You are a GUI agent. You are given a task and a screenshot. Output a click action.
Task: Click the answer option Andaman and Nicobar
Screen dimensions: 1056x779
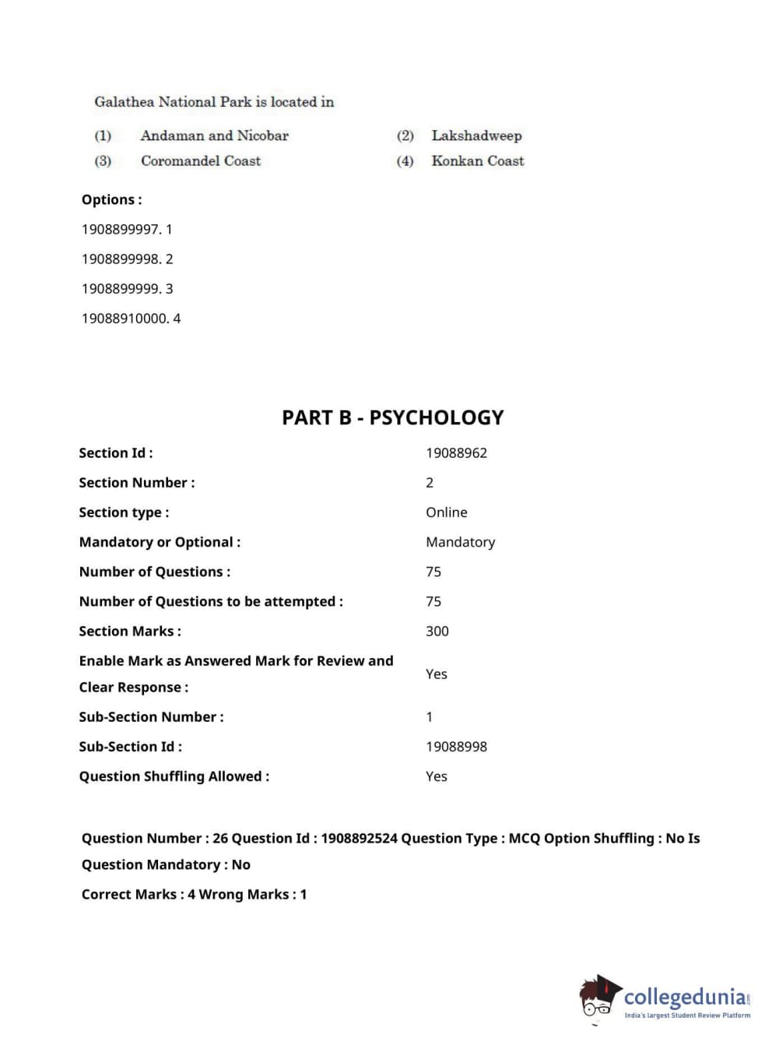pyautogui.click(x=214, y=136)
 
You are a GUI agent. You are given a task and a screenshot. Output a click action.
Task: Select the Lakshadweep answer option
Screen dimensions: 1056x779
pyautogui.click(x=476, y=136)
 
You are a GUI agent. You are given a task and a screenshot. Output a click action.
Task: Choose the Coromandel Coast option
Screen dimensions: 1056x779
pyautogui.click(x=200, y=161)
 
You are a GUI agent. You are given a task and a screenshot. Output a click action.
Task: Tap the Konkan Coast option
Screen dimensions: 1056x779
pyautogui.click(x=477, y=161)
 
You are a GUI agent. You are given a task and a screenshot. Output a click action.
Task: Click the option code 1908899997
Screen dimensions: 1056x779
pyautogui.click(x=121, y=230)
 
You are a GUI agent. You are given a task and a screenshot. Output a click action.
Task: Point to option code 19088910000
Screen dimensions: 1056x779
pyautogui.click(x=125, y=319)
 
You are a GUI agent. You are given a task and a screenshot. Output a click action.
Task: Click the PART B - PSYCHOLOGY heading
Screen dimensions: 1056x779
pyautogui.click(x=392, y=418)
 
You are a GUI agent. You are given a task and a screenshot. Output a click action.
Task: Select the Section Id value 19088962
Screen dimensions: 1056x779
pyautogui.click(x=456, y=453)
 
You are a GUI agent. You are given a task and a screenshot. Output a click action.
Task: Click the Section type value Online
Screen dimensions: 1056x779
pyautogui.click(x=446, y=512)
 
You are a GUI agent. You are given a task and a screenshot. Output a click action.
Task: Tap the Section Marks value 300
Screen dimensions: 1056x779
pyautogui.click(x=437, y=632)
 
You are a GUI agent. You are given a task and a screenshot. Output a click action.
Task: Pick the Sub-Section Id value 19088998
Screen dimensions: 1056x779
pyautogui.click(x=456, y=747)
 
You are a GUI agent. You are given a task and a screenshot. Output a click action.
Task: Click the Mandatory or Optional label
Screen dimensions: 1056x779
pyautogui.click(x=160, y=542)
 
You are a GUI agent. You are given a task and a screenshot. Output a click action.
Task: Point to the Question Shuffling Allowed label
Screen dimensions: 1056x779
pyautogui.click(x=174, y=776)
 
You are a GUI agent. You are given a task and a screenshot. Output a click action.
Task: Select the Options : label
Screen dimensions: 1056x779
pyautogui.click(x=111, y=200)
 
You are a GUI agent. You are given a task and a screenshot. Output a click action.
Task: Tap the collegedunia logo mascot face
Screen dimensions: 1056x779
pyautogui.click(x=598, y=998)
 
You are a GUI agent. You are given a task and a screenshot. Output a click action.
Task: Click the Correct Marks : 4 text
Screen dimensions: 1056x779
pyautogui.click(x=133, y=895)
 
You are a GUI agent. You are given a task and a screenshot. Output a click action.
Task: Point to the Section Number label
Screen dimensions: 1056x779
pyautogui.click(x=136, y=483)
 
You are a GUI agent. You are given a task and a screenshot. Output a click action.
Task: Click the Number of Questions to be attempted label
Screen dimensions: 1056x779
pyautogui.click(x=210, y=602)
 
